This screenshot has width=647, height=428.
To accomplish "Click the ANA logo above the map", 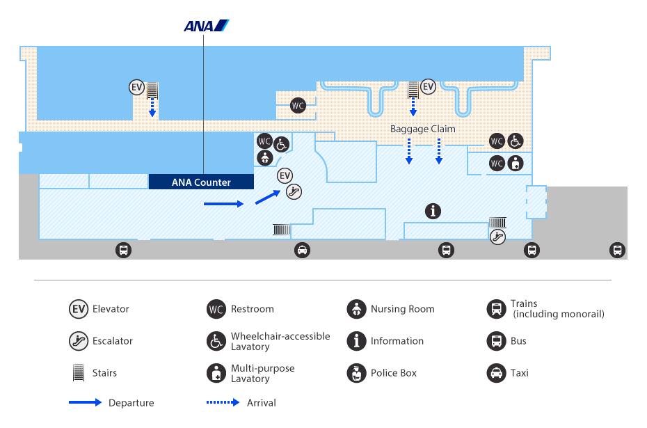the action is (206, 26).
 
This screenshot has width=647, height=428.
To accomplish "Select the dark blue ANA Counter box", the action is (201, 182).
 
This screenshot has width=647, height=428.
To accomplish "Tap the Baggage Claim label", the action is (422, 129).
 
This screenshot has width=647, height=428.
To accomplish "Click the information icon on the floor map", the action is (433, 212).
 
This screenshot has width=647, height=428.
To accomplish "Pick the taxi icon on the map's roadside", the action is (302, 250).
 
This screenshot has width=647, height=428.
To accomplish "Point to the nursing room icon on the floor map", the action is (265, 158).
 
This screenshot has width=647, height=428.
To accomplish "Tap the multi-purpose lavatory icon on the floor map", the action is (516, 164).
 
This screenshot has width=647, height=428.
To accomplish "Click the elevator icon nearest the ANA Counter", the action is (285, 176).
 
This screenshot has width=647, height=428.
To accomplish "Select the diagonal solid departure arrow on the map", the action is (268, 197).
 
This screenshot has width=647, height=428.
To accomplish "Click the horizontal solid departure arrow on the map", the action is (223, 204).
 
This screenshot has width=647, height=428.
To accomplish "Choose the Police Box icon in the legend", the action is (356, 373).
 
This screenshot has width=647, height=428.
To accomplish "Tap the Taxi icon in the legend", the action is (497, 373).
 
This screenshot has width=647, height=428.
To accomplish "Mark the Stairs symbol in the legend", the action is (79, 372).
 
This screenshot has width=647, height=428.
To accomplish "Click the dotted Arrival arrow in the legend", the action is (223, 402).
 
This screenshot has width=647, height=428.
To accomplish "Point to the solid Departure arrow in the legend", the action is (85, 402).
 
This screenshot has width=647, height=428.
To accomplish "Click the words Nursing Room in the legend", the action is (402, 309).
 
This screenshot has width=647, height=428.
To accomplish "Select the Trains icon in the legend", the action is (497, 309).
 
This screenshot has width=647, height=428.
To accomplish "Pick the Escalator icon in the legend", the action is (79, 341).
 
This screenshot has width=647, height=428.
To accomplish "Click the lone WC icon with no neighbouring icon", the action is (298, 106).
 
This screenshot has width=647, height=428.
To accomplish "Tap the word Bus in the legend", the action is (518, 341).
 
